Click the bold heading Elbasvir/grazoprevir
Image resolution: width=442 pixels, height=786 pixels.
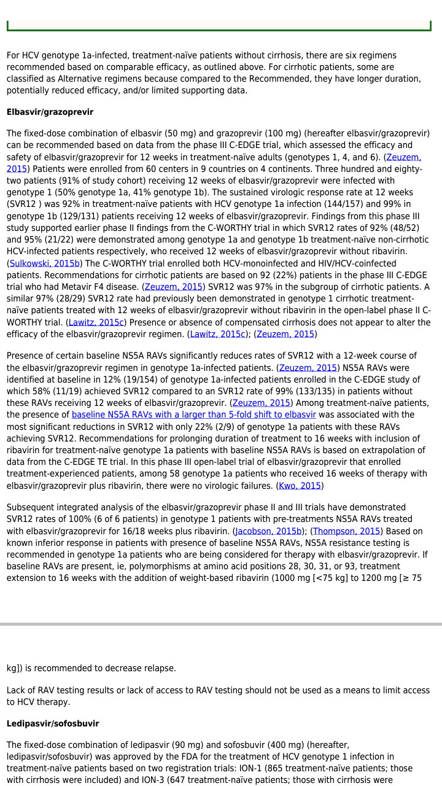point(50,112)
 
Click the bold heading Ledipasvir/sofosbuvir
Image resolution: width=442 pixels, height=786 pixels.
point(53,723)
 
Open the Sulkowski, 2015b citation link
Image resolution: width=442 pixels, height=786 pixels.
point(45,263)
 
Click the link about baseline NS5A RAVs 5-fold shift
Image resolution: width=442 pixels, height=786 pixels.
point(193,414)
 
